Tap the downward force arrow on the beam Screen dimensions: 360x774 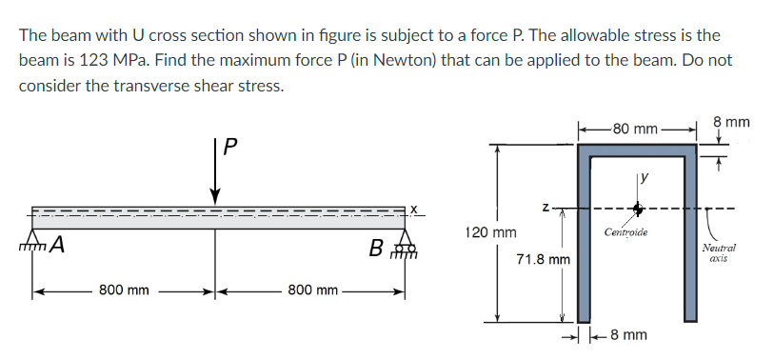(x=215, y=177)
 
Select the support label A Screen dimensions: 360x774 (x=58, y=247)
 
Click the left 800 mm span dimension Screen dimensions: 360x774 (x=124, y=289)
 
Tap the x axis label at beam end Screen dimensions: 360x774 (x=415, y=208)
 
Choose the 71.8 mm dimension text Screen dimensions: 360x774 (x=543, y=259)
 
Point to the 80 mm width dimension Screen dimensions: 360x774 (x=634, y=128)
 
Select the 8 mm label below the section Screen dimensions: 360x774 (x=628, y=335)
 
